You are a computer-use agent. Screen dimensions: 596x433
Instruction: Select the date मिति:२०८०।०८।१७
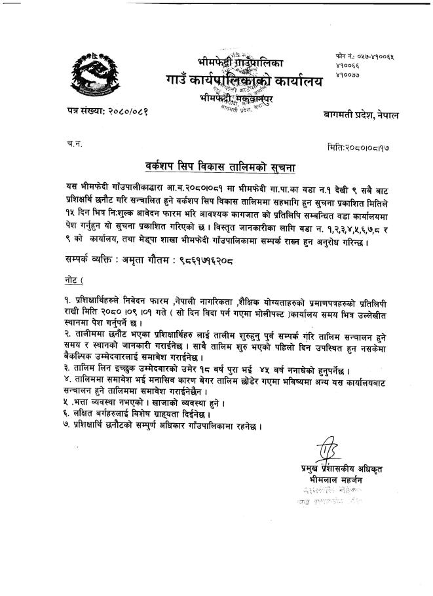tap(361, 147)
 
